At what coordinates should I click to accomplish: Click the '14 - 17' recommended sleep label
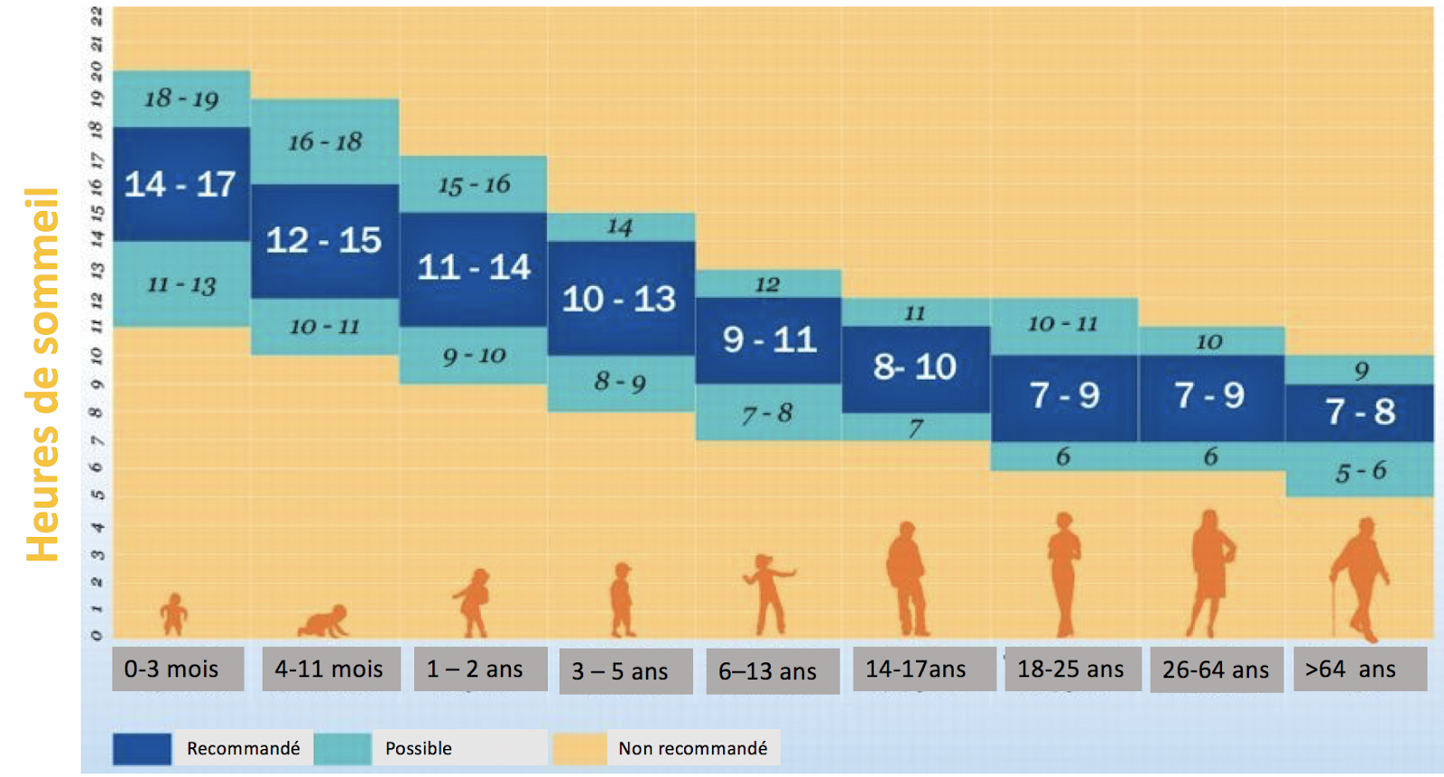(180, 185)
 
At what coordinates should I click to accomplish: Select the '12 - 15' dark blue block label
(323, 240)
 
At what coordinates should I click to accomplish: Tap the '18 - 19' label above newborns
(180, 98)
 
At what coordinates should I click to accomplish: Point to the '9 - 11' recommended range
(769, 340)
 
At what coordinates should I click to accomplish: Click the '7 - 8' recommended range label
(1360, 412)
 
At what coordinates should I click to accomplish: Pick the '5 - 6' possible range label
(1360, 471)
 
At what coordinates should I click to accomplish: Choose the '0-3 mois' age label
(171, 669)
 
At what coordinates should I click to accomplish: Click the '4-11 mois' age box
(329, 669)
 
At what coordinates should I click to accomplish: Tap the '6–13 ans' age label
(767, 671)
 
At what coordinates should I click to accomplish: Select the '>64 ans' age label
(1351, 669)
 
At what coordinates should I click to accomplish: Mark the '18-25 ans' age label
(1070, 669)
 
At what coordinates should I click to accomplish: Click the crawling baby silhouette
(324, 622)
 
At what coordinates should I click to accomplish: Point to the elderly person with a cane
(1362, 578)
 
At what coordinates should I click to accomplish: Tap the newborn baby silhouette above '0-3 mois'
(173, 615)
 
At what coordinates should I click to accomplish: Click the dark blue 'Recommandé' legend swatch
(142, 748)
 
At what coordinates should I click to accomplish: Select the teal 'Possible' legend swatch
(342, 748)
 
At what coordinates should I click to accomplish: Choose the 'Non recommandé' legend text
(692, 748)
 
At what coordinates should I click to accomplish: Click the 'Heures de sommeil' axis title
(42, 375)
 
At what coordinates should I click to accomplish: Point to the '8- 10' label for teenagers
(914, 367)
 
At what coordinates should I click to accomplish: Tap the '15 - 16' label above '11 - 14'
(474, 185)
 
